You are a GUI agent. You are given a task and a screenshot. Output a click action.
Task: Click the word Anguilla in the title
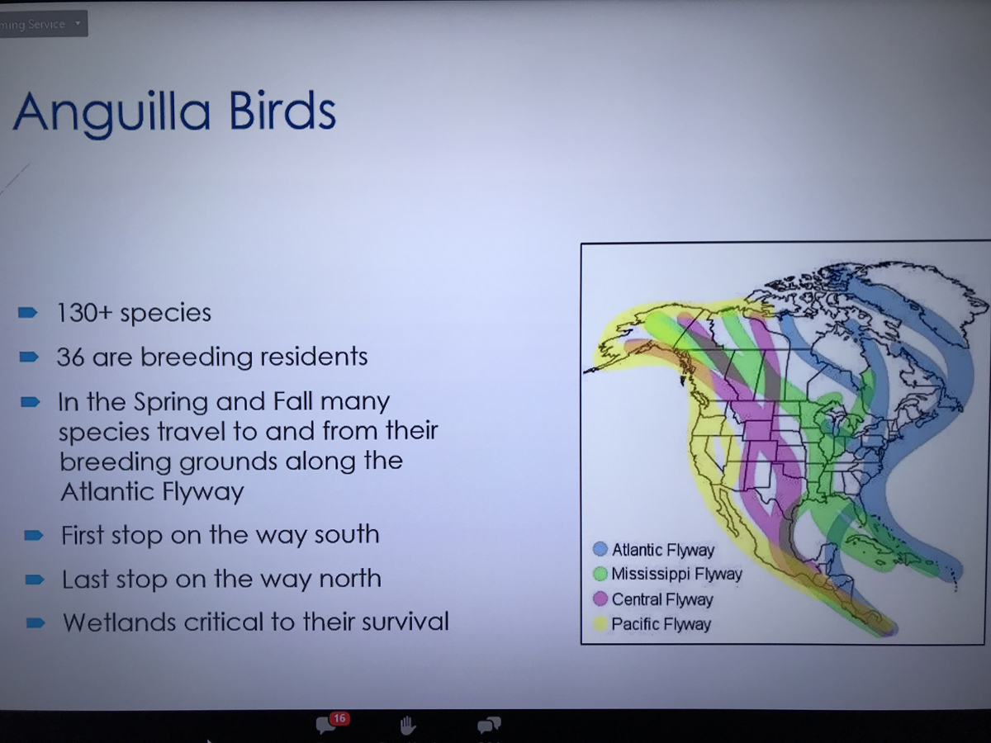click(x=112, y=113)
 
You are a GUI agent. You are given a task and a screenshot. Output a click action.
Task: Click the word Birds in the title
click(x=282, y=110)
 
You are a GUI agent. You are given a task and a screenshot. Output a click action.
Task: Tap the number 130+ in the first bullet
click(x=84, y=312)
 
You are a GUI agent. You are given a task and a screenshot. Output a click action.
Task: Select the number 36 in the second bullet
click(x=70, y=357)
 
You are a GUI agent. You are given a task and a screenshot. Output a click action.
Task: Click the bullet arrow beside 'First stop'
click(x=34, y=536)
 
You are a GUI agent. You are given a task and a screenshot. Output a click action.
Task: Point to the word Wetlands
click(x=119, y=622)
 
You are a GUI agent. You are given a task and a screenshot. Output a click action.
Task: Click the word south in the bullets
click(x=347, y=535)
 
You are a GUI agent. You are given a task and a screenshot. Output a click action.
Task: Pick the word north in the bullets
click(x=350, y=579)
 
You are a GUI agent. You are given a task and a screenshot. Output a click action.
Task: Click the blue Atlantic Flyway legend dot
click(x=600, y=549)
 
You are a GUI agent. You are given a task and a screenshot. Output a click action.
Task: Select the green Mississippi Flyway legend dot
click(x=600, y=574)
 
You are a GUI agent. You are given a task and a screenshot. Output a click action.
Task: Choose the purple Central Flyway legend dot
click(x=600, y=599)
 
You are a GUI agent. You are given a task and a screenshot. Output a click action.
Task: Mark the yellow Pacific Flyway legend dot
click(x=600, y=624)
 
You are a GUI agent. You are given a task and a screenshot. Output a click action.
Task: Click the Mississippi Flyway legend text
click(x=676, y=575)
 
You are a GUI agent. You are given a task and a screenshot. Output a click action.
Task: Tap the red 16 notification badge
click(x=339, y=718)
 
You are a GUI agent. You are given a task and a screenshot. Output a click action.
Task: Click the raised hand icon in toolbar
click(x=407, y=726)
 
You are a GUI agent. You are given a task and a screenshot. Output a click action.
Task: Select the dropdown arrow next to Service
click(x=78, y=23)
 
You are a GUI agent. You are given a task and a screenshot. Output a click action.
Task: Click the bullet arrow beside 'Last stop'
click(x=35, y=580)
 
